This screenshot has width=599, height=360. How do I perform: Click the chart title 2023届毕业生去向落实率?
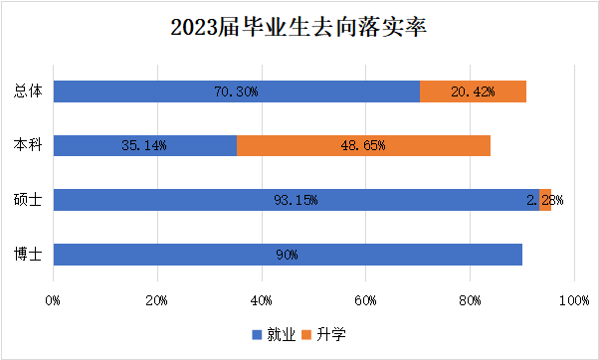point(299,27)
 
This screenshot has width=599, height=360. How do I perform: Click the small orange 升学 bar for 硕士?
point(545,200)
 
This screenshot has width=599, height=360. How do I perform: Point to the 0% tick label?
point(54,299)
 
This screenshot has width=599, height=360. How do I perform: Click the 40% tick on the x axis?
point(262,299)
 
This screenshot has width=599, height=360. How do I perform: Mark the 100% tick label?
point(572,299)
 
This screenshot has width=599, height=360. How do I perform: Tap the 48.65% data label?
point(363,145)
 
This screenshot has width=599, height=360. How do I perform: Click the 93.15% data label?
point(296,200)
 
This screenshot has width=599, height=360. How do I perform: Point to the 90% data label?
point(288,255)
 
